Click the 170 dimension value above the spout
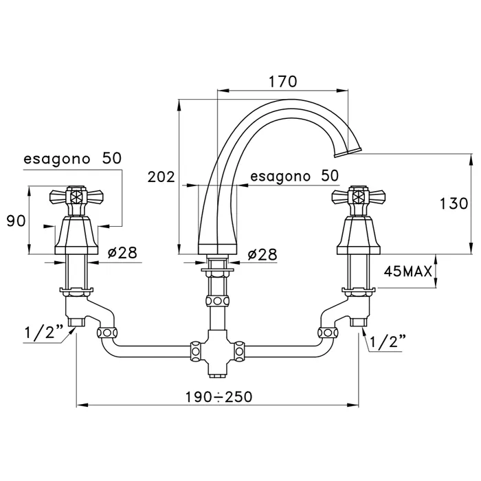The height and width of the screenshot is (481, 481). pos(283,82)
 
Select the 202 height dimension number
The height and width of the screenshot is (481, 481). pos(161,177)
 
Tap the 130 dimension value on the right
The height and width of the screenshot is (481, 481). pos(454,203)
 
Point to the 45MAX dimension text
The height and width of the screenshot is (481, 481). pos(407,271)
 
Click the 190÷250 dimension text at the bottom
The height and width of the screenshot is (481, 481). pos(219,396)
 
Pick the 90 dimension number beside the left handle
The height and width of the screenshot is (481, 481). pos(16,221)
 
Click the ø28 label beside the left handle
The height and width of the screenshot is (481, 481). pos(122,252)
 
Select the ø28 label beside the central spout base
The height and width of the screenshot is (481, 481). pos(262,254)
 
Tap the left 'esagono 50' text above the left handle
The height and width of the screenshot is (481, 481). pos(73,159)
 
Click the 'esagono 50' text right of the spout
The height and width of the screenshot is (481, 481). pos(295,176)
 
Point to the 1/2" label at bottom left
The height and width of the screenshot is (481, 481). pos(43,333)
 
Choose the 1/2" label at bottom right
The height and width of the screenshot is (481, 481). pos(388,342)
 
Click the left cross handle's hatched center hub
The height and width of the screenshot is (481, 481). pos(76,196)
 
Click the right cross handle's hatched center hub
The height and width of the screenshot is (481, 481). pos(359,196)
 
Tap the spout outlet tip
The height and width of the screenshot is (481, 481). pos(348,153)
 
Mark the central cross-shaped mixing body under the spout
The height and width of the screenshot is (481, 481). pos(218,352)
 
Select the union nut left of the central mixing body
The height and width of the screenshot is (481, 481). pos(195,351)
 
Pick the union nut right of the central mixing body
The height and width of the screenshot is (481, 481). pos(240,351)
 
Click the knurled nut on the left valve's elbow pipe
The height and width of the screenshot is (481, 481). pos(106,333)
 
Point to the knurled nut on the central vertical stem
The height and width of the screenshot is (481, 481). pos(218,300)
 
